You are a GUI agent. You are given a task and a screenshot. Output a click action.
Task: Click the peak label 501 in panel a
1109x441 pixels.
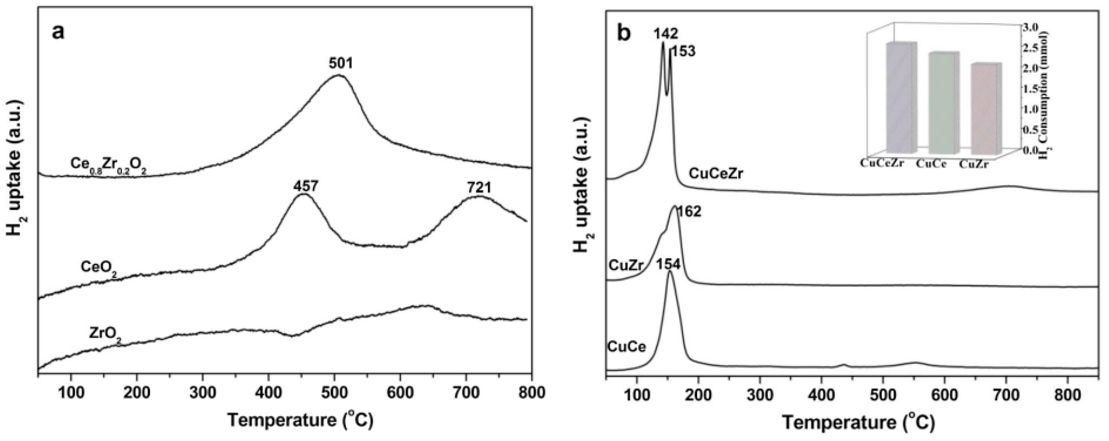tap(341, 64)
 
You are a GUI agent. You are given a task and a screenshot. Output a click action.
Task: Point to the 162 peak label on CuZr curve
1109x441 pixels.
tap(689, 212)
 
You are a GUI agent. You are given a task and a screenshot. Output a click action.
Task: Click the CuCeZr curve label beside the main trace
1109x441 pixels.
tap(716, 174)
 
